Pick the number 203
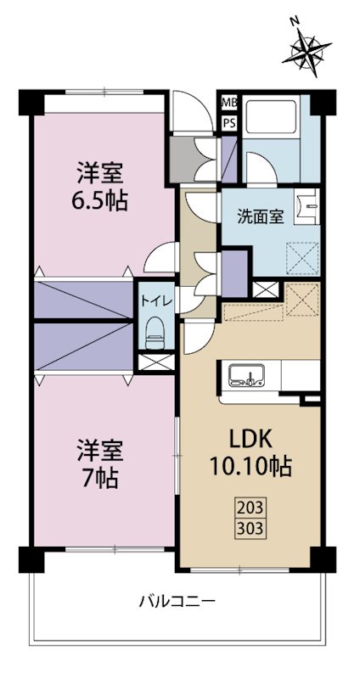tap(250, 510)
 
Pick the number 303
tap(250, 526)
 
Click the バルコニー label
tap(177, 602)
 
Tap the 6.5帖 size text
tap(100, 203)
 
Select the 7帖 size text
tap(100, 477)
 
